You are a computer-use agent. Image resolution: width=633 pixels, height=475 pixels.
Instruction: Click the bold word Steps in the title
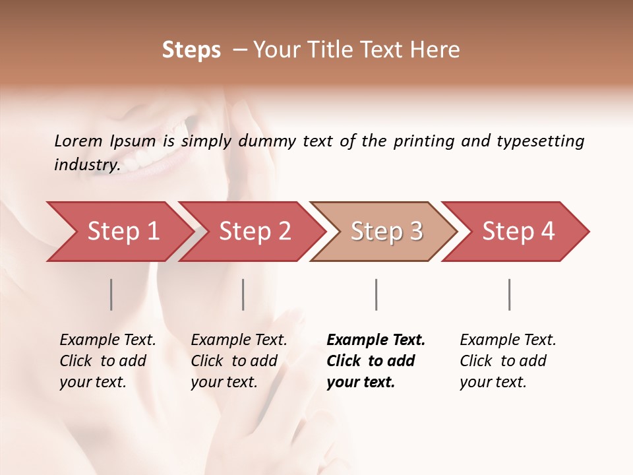(191, 50)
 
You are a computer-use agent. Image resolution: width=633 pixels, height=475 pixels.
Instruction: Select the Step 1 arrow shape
(119, 232)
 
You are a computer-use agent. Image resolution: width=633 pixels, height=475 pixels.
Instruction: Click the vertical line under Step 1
(111, 294)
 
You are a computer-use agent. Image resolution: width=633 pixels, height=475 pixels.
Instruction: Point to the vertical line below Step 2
(243, 294)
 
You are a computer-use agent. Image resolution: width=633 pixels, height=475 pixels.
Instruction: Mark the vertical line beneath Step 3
(376, 294)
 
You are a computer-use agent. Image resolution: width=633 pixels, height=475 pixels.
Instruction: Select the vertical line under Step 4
(509, 294)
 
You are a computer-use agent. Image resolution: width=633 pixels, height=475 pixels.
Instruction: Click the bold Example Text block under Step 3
(375, 361)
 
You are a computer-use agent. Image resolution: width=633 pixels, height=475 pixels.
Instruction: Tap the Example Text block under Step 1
(107, 361)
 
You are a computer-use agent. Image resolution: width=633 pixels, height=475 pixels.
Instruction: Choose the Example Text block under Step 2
(238, 361)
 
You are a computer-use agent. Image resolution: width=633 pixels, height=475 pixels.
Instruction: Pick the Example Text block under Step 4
(507, 361)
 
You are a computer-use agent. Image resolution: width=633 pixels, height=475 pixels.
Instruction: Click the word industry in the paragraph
(86, 165)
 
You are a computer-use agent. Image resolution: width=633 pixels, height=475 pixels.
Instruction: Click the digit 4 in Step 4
(547, 232)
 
